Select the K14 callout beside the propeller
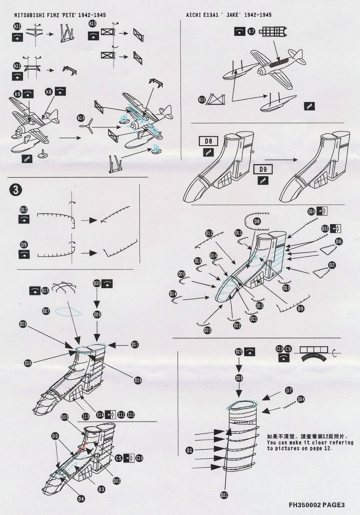click(x=81, y=119)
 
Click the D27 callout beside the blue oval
click(x=46, y=310)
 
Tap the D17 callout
click(x=135, y=343)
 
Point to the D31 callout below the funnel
click(x=224, y=495)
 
